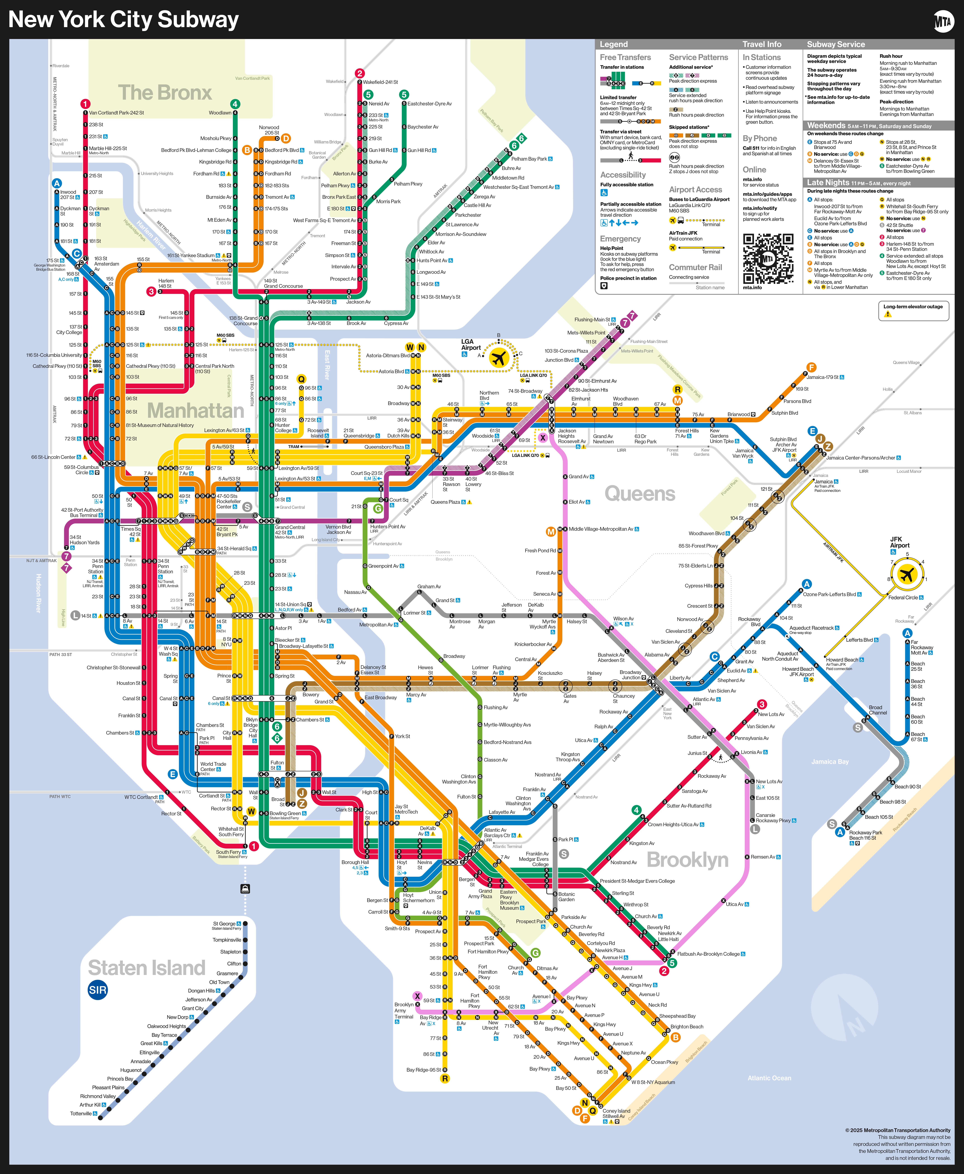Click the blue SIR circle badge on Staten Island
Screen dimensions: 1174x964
(98, 990)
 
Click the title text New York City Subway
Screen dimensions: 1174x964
(123, 19)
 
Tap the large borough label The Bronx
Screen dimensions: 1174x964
(165, 92)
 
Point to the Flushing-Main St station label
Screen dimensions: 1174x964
(592, 319)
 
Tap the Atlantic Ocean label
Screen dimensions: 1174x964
(769, 1078)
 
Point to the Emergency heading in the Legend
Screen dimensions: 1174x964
(620, 239)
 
